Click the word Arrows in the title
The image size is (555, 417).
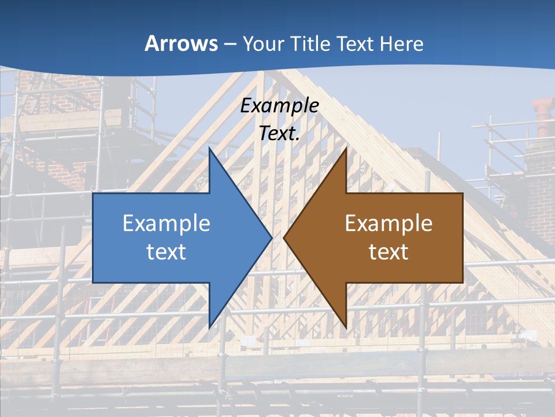[182, 43]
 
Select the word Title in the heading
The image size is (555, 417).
[310, 43]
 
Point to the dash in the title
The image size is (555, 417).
[230, 44]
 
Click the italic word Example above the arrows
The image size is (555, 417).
[279, 105]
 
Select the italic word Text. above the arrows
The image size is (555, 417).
[279, 133]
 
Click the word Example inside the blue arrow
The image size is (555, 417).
[166, 223]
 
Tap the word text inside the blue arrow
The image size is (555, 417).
[166, 251]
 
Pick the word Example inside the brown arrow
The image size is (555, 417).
[388, 223]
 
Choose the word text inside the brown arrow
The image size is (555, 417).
[388, 251]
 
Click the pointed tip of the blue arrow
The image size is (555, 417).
[272, 237]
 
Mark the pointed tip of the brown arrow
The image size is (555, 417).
[284, 237]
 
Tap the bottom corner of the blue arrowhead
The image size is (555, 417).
[209, 328]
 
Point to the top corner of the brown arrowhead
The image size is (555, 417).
[346, 148]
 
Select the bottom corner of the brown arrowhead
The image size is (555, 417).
[346, 328]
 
